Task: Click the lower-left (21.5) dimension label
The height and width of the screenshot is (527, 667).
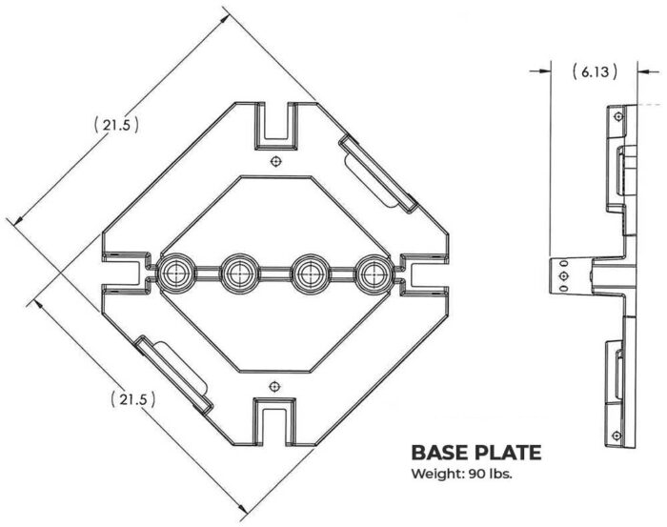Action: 133,398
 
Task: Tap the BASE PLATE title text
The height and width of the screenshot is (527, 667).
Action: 475,451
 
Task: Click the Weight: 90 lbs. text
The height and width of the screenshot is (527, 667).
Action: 462,474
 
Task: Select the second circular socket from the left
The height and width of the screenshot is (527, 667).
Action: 237,274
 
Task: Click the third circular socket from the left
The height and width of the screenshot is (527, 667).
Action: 309,274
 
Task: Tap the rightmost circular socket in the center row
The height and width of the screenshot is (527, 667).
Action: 373,274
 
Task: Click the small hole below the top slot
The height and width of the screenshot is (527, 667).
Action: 275,161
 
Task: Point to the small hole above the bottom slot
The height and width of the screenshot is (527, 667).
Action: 275,386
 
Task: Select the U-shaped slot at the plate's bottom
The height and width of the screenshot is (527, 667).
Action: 275,420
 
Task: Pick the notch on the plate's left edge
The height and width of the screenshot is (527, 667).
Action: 122,273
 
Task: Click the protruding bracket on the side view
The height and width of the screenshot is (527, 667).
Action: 565,275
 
